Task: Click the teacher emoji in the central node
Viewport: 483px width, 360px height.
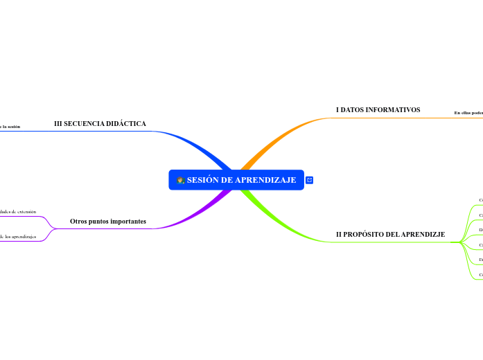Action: [x=180, y=181]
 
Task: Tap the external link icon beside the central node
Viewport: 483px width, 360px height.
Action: [x=310, y=180]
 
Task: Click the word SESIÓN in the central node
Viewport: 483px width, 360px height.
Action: [x=202, y=181]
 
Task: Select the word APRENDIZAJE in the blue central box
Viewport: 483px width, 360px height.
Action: [x=265, y=181]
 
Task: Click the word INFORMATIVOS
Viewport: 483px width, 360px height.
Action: [x=392, y=110]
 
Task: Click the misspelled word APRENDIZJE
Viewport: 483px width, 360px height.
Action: [x=422, y=235]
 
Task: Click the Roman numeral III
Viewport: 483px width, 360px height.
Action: [x=58, y=124]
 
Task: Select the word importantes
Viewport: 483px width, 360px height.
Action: [x=125, y=222]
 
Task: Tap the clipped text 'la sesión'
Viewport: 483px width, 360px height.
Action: [x=10, y=127]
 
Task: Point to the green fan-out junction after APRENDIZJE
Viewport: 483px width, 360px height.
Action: [x=462, y=242]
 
